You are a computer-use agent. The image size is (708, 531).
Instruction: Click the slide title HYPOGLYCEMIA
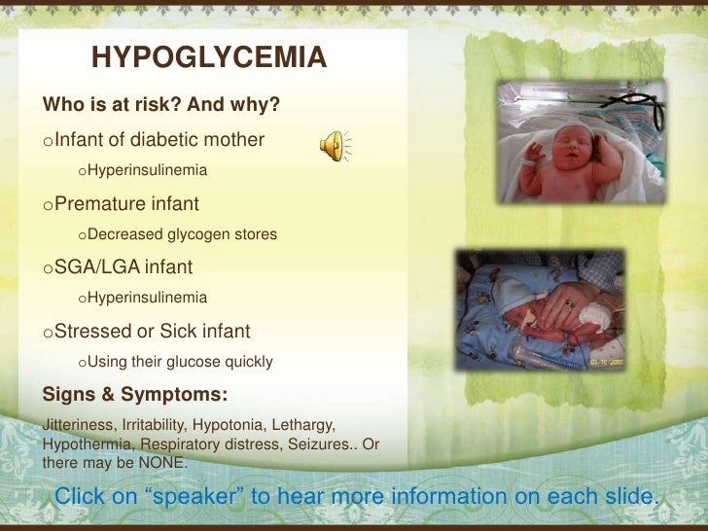209,58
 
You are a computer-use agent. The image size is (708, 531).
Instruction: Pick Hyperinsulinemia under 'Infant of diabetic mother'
147,170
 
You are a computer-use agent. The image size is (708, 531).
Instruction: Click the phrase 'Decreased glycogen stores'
182,234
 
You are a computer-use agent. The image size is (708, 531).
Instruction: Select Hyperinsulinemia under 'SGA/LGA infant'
147,298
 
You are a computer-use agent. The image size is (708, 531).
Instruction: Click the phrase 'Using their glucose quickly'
180,362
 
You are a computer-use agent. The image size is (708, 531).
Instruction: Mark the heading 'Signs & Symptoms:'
135,395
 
